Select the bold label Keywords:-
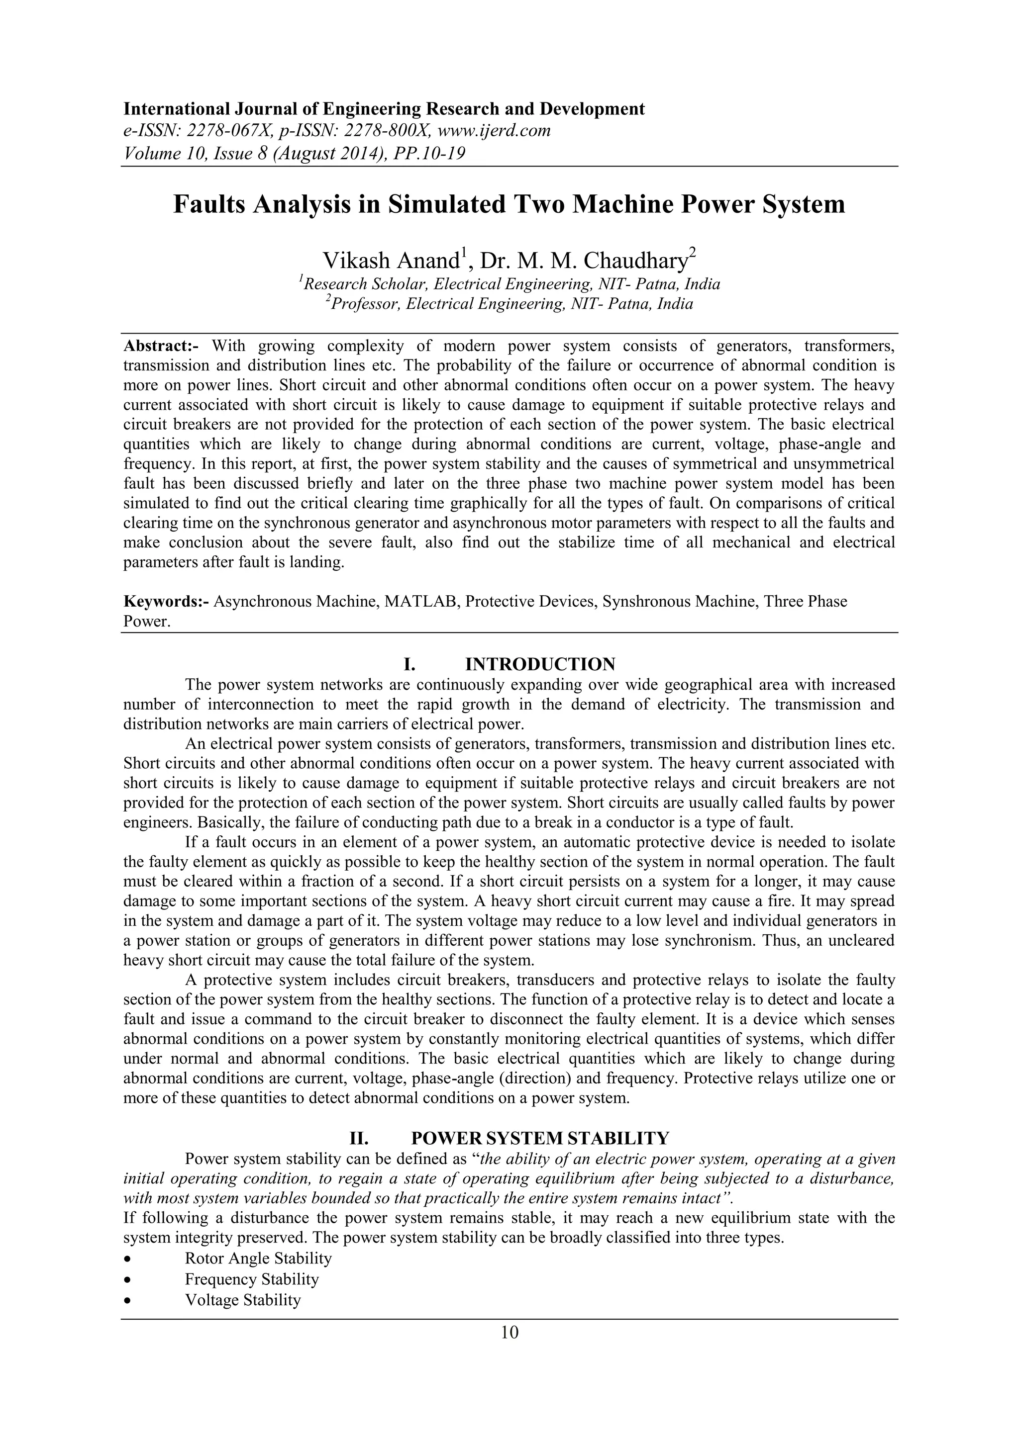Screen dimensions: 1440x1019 166,602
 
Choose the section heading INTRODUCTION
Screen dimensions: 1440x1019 540,664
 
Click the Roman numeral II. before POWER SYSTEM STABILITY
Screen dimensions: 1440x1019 358,1138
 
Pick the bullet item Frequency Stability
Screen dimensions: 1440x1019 252,1279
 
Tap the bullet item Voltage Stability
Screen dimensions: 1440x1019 243,1300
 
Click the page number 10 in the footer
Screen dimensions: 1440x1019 509,1333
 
